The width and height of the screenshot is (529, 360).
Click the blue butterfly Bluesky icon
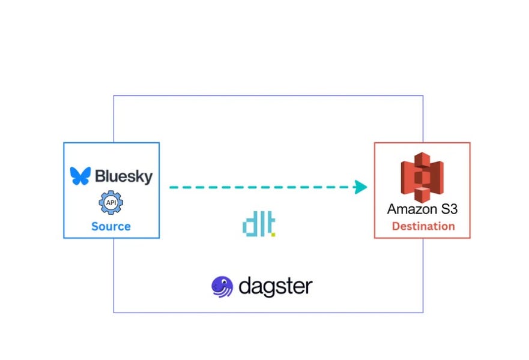[79, 176]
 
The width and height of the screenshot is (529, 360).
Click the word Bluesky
[123, 176]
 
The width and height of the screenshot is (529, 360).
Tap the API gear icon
[111, 203]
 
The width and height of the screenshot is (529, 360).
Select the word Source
[111, 226]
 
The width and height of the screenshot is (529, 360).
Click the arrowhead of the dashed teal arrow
[360, 187]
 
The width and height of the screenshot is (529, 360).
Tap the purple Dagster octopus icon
[222, 286]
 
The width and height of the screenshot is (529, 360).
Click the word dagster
[275, 286]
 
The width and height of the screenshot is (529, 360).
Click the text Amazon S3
[422, 209]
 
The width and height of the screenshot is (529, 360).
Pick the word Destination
[423, 226]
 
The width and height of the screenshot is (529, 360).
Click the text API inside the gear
[111, 203]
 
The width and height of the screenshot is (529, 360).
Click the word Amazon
[411, 209]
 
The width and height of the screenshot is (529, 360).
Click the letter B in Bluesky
[98, 176]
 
